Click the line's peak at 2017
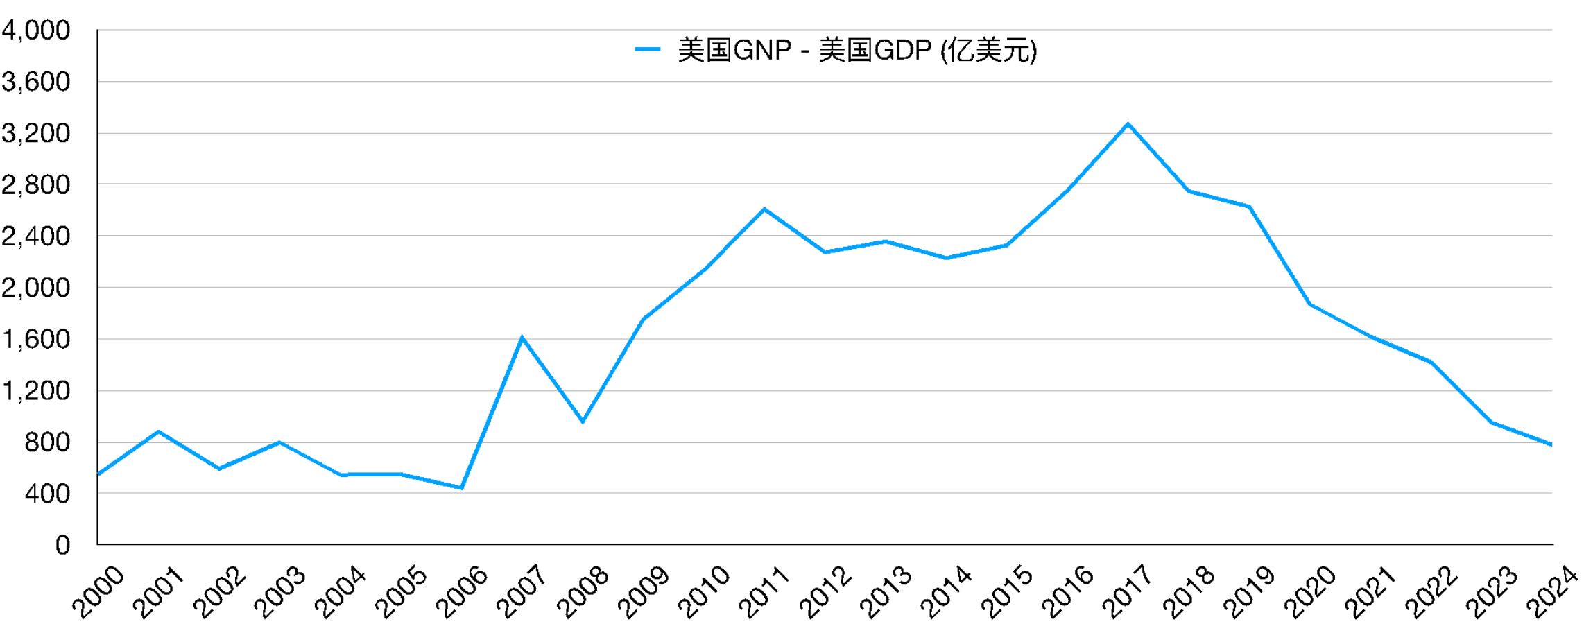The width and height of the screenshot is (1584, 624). (x=1128, y=124)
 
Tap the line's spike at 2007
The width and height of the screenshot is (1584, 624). (x=522, y=338)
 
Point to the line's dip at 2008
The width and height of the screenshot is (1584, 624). (x=583, y=422)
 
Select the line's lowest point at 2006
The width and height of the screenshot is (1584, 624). (x=461, y=488)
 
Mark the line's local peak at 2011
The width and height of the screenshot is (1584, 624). (x=764, y=209)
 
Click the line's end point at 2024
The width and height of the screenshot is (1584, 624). (x=1551, y=444)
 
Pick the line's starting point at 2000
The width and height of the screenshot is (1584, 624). (x=98, y=474)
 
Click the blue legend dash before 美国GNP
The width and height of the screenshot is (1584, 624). (x=647, y=50)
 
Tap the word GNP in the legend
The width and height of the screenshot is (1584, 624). (x=761, y=51)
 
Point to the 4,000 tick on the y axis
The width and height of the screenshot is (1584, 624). (x=36, y=31)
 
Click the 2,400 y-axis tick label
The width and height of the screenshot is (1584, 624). (x=36, y=236)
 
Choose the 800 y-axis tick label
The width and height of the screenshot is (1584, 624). (x=47, y=442)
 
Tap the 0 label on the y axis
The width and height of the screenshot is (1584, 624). (x=62, y=545)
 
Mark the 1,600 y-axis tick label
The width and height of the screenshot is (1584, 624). (x=36, y=340)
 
